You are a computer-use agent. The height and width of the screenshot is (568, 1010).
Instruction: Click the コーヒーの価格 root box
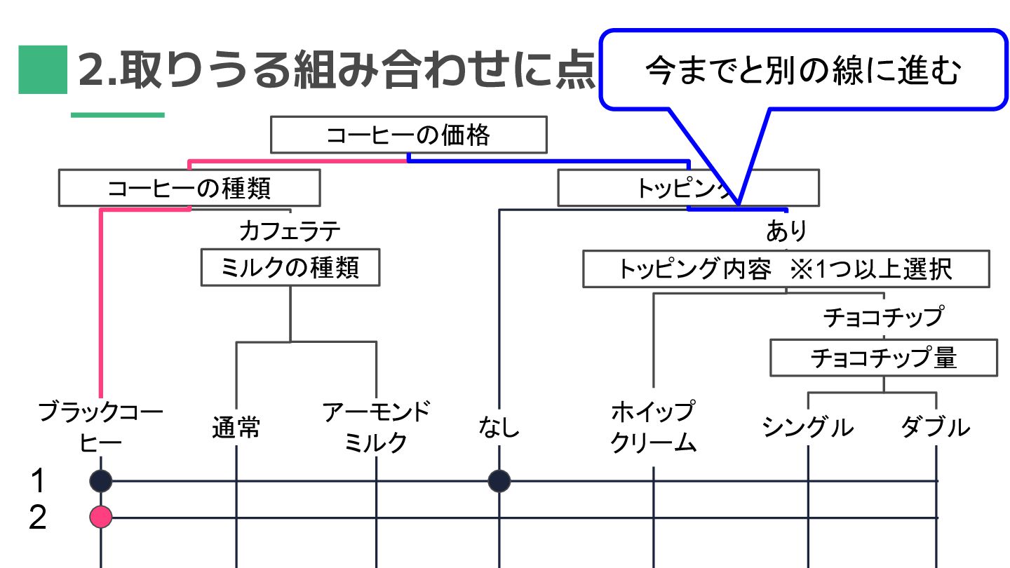click(408, 135)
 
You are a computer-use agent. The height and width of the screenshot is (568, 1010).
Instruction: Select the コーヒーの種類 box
click(189, 188)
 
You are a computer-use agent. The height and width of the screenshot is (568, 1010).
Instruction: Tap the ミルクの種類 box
click(290, 267)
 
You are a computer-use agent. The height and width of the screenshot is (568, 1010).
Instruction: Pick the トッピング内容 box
click(786, 269)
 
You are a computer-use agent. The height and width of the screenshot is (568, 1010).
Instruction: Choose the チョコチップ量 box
click(883, 358)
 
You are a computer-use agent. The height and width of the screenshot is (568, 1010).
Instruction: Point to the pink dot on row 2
click(101, 518)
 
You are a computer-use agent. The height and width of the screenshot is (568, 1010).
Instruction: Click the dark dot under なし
click(499, 481)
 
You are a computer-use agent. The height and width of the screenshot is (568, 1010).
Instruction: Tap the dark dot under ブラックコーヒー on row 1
click(101, 481)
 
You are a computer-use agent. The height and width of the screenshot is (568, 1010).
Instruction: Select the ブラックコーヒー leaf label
click(101, 426)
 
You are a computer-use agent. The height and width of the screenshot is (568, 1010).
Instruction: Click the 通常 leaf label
click(236, 427)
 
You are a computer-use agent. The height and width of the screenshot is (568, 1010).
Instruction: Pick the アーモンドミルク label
click(377, 426)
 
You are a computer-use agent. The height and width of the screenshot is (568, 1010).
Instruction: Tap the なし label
click(499, 427)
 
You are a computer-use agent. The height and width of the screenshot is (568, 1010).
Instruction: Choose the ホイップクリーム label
click(653, 426)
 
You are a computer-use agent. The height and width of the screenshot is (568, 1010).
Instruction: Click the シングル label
click(808, 427)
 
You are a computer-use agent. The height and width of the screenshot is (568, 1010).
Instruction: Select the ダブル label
click(936, 427)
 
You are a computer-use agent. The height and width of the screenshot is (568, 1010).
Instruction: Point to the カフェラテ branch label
click(290, 231)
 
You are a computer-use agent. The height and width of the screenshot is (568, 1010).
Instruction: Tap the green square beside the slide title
click(42, 69)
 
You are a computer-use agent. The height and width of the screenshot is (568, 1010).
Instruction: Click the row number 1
click(38, 481)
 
